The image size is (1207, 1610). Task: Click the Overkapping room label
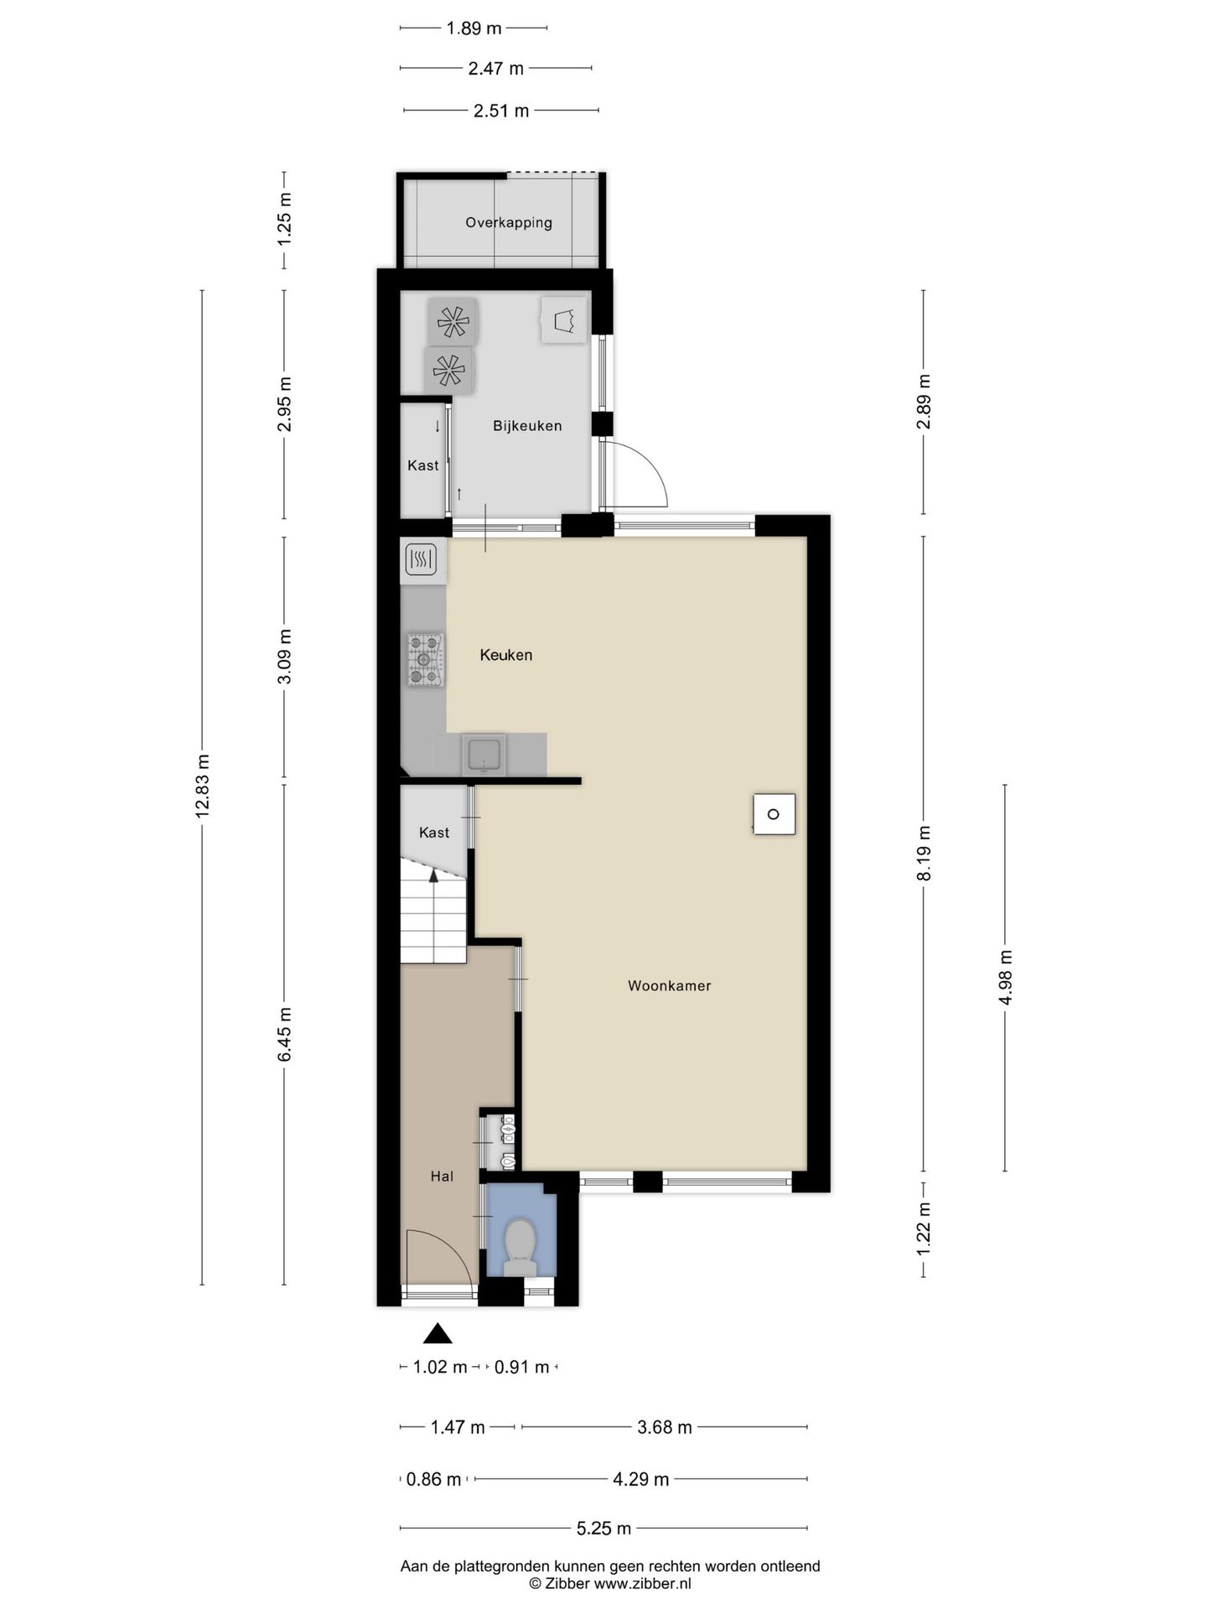tap(509, 223)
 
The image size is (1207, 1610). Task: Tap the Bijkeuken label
tap(527, 426)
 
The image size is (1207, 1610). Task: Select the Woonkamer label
tap(669, 986)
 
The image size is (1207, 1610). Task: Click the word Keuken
tap(505, 655)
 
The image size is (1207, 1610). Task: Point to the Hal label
tap(442, 1176)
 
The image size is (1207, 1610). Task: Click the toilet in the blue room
tap(521, 1247)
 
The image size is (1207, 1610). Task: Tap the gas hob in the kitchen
tap(425, 659)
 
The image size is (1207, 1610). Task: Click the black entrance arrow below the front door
tap(437, 1333)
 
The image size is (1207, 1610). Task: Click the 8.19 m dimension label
tap(924, 853)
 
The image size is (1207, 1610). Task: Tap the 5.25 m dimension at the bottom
tap(603, 1529)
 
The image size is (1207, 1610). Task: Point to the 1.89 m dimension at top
tap(474, 29)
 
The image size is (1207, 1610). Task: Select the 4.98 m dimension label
tap(1006, 977)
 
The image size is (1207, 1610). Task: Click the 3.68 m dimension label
tap(665, 1427)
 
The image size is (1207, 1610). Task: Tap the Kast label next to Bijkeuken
tap(422, 465)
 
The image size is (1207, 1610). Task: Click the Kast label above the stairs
tap(433, 833)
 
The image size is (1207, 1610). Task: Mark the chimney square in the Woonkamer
tap(774, 814)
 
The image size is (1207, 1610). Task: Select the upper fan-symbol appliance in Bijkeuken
tap(453, 321)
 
